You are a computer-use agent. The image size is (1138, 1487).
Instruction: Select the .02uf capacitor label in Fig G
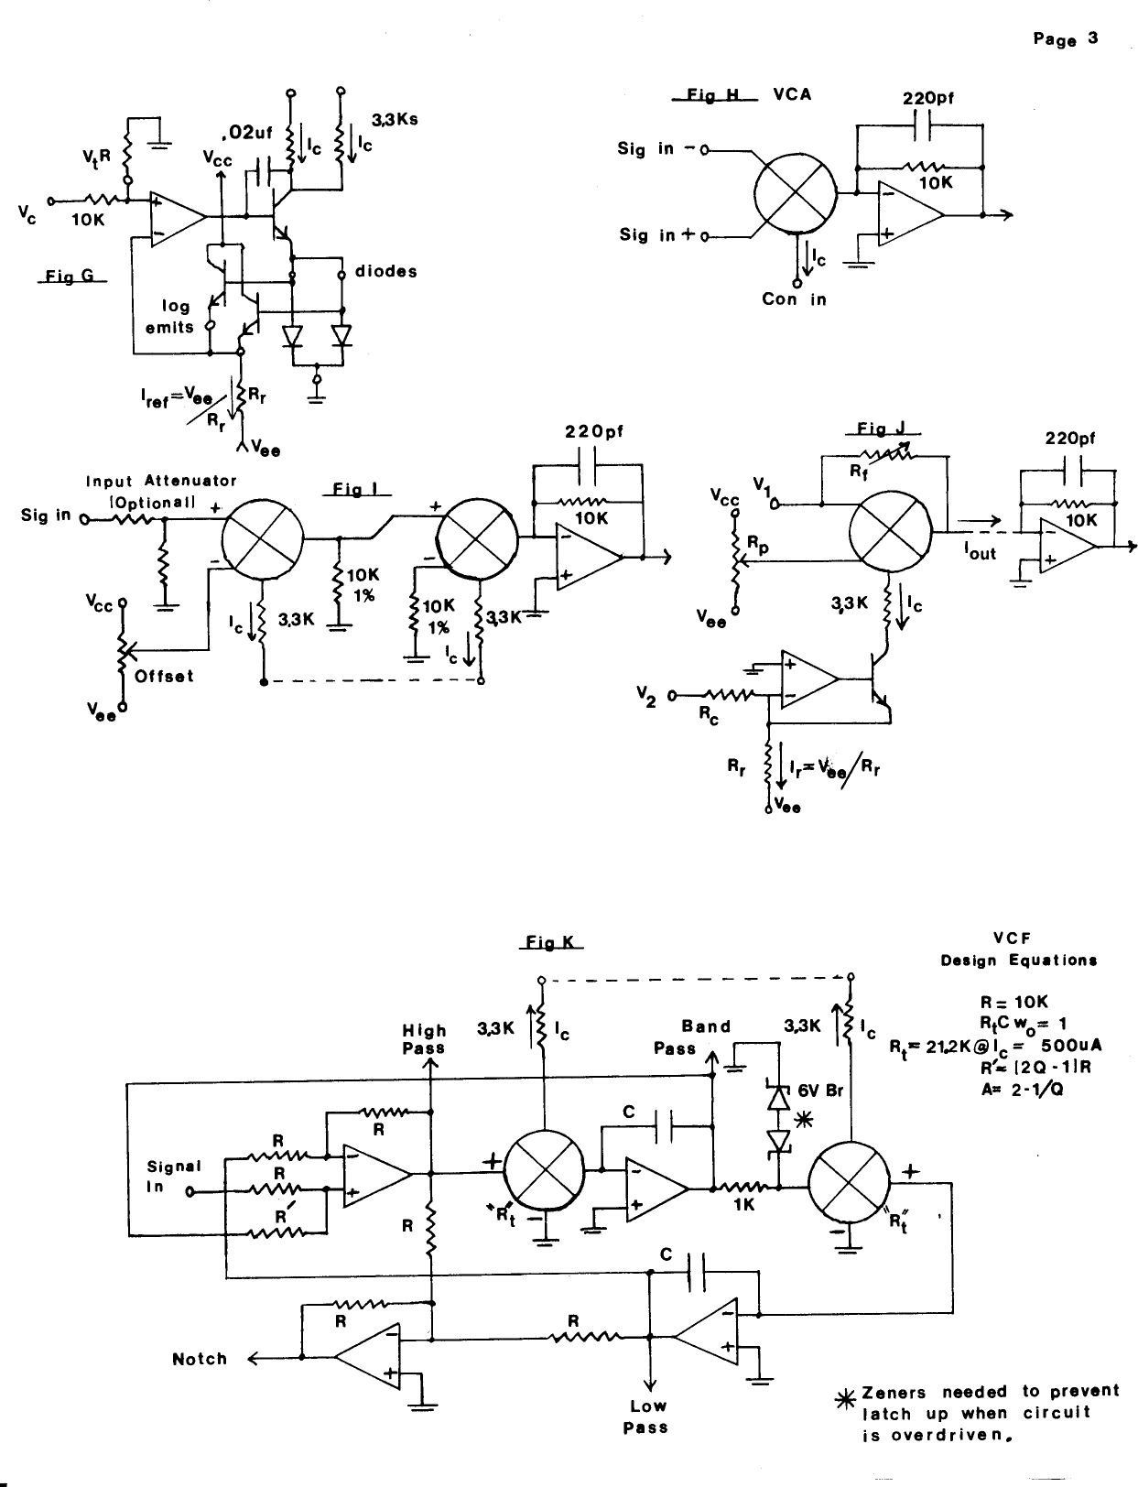(x=250, y=135)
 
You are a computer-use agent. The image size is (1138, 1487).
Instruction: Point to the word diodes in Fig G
(x=385, y=272)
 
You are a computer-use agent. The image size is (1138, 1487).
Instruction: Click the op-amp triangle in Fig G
(x=176, y=217)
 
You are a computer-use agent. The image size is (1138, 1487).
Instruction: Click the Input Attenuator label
(x=161, y=481)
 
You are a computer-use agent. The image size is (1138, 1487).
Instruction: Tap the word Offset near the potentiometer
(x=164, y=677)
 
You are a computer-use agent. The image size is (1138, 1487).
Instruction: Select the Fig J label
(x=883, y=429)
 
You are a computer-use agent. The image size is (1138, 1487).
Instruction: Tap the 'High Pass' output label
(x=424, y=1039)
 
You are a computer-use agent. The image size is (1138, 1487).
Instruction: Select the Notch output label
(x=200, y=1359)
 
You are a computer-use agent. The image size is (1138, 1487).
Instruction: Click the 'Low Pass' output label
(x=648, y=1416)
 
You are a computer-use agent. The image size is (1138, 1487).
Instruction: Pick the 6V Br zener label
(x=819, y=1091)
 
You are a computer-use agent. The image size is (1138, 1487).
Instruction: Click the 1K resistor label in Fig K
(x=743, y=1205)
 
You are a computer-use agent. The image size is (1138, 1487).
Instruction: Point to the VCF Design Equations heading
(x=1018, y=949)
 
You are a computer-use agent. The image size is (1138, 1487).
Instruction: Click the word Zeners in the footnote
(x=893, y=1392)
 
